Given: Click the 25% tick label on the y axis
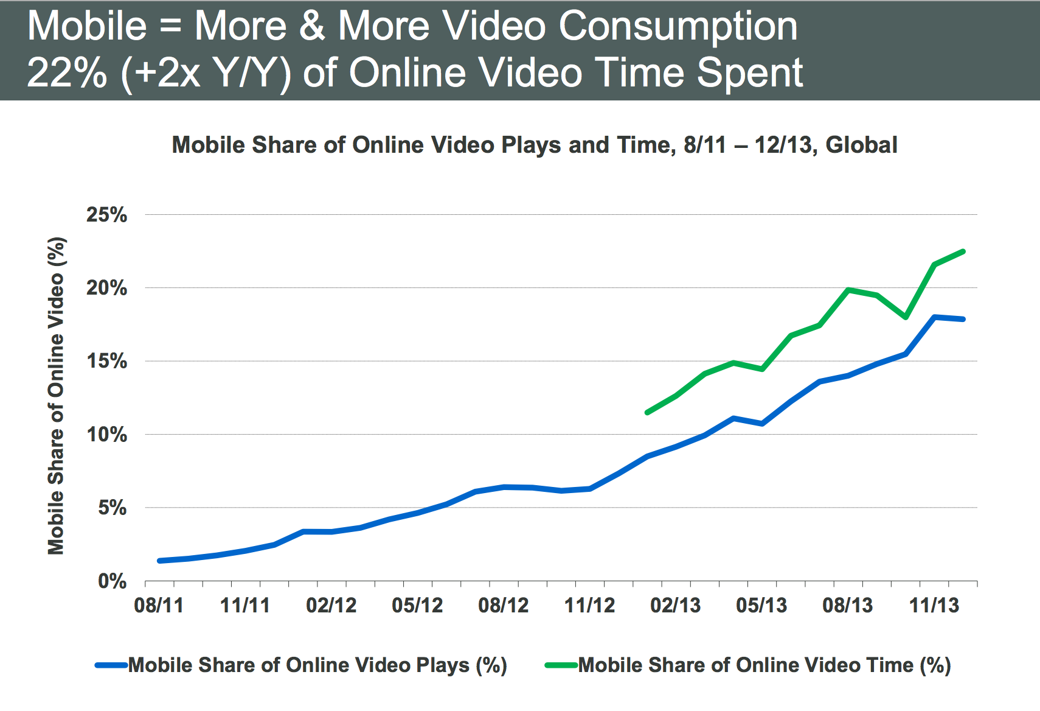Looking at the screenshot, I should pyautogui.click(x=106, y=215).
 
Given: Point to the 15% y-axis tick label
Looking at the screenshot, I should pyautogui.click(x=106, y=361).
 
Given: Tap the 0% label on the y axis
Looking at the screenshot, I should pyautogui.click(x=113, y=581).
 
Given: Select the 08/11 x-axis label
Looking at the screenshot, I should pyautogui.click(x=159, y=606).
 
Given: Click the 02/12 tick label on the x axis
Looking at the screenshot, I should pyautogui.click(x=331, y=606).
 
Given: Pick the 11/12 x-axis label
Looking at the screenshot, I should pyautogui.click(x=589, y=606).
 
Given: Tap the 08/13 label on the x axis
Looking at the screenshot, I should pyautogui.click(x=847, y=606).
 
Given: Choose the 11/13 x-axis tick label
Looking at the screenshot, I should pyautogui.click(x=934, y=606).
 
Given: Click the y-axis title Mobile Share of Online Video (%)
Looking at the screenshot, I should pyautogui.click(x=56, y=396).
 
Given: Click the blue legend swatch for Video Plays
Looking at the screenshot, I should pyautogui.click(x=111, y=665).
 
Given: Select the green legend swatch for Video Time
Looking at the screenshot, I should pyautogui.click(x=561, y=665).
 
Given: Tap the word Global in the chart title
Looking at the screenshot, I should pyautogui.click(x=861, y=145).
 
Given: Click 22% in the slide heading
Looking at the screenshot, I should pyautogui.click(x=67, y=73).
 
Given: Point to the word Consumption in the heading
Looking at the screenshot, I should pyautogui.click(x=678, y=27).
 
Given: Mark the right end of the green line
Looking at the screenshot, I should pyautogui.click(x=963, y=251).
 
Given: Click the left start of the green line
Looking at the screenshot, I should pyautogui.click(x=647, y=413).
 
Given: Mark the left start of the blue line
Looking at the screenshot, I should pyautogui.click(x=159, y=561).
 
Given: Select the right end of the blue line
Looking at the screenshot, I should pyautogui.click(x=963, y=319).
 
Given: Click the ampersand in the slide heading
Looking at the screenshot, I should pyautogui.click(x=312, y=27).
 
